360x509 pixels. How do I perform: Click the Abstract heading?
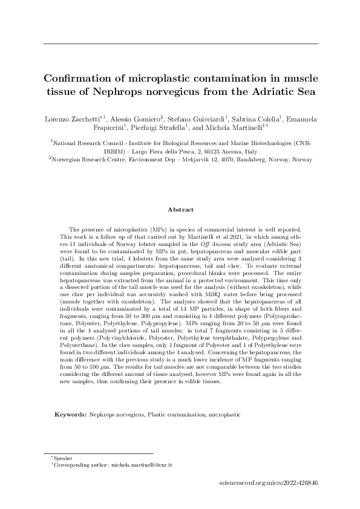pyautogui.click(x=180, y=210)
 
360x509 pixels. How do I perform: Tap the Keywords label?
pyautogui.click(x=70, y=415)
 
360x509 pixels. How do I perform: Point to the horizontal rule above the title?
pyautogui.click(x=180, y=44)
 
